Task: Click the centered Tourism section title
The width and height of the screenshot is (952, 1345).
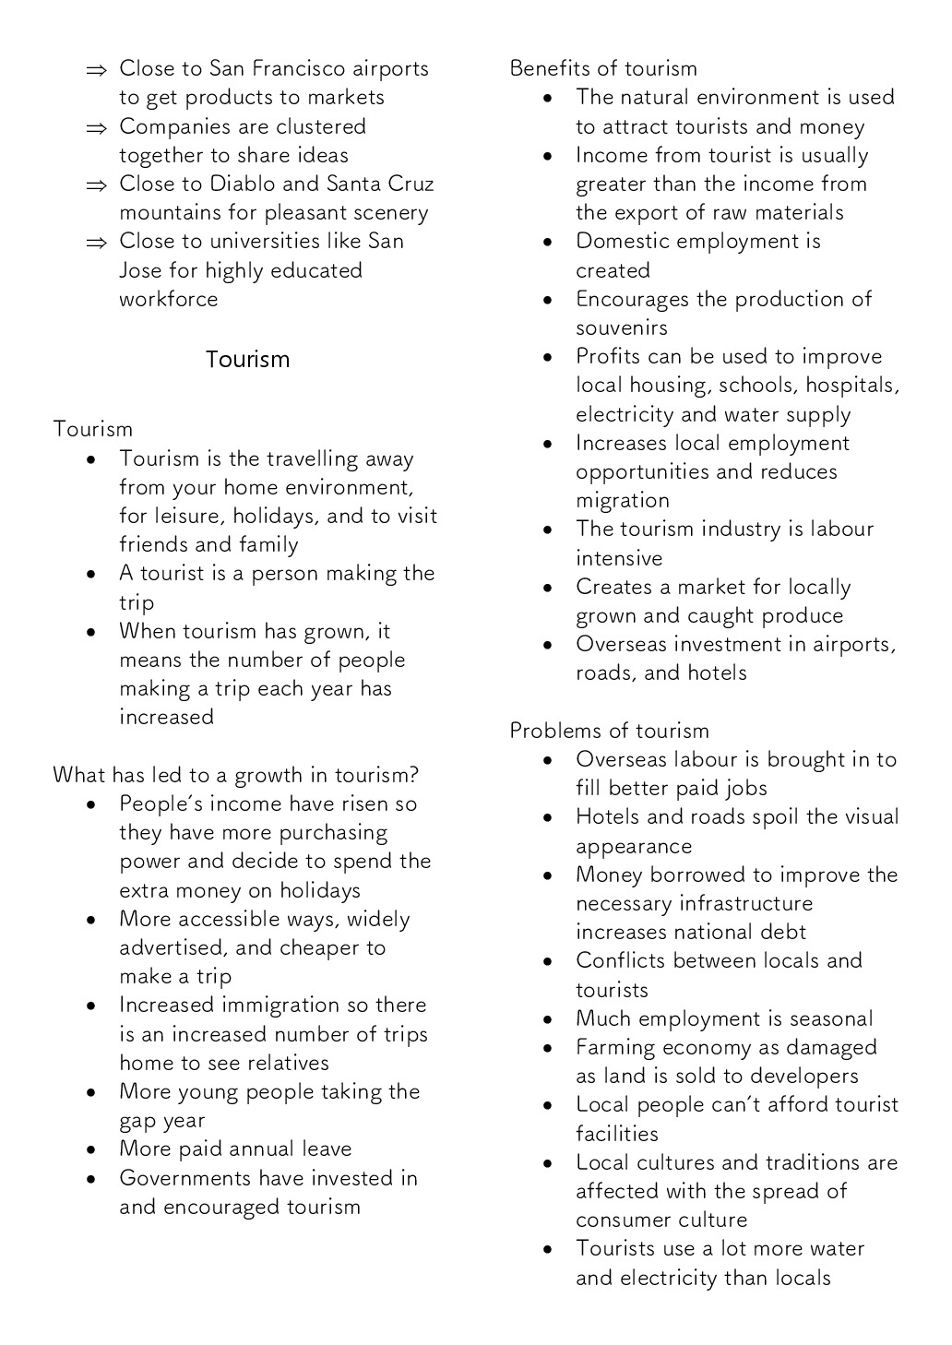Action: (x=247, y=359)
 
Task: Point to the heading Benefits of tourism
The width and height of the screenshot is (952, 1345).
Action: (x=603, y=68)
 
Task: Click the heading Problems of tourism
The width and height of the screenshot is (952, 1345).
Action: (x=610, y=731)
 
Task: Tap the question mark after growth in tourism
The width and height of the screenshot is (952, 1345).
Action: (x=415, y=775)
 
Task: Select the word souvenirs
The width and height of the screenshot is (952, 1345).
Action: (x=622, y=327)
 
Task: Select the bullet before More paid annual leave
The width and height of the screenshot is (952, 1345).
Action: (x=91, y=1149)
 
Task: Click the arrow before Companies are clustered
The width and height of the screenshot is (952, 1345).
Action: (x=96, y=127)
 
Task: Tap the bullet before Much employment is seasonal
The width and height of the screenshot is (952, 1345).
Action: (x=548, y=1019)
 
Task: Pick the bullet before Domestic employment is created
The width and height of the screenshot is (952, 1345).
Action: (x=548, y=242)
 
